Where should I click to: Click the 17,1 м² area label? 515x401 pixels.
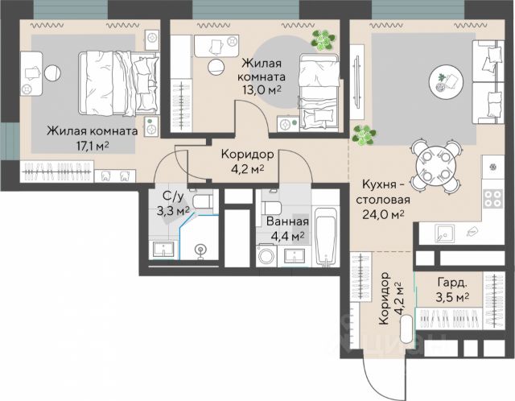[x=93, y=146]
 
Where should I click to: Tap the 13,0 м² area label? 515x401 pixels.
[x=262, y=90]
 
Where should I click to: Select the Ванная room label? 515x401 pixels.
[x=287, y=221]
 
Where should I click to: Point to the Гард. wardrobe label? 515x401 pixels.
[x=452, y=283]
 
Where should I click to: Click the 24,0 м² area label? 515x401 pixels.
[x=383, y=215]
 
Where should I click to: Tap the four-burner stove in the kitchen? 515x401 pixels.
[x=493, y=199]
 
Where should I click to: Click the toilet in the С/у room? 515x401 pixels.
[x=202, y=201]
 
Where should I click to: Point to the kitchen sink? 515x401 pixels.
[x=444, y=234]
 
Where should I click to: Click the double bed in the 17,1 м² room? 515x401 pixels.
[x=118, y=84]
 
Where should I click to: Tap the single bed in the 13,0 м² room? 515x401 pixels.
[x=319, y=93]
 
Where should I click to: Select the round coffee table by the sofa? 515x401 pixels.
[x=446, y=81]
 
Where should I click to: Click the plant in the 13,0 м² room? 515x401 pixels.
[x=323, y=40]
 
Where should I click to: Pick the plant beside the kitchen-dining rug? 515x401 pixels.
[x=364, y=135]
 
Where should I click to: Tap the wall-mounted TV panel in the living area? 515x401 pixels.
[x=356, y=81]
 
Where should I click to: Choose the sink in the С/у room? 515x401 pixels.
[x=163, y=250]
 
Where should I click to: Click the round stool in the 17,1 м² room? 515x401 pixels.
[x=52, y=72]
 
